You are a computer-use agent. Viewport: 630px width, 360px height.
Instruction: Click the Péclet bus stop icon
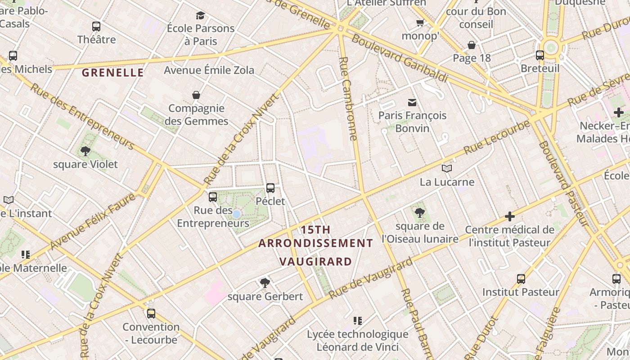coord(270,188)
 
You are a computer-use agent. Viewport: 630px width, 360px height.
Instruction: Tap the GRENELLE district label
coord(113,72)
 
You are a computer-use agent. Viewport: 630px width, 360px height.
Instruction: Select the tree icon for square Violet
coord(85,151)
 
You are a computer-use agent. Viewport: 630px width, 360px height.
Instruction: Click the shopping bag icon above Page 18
coord(472,45)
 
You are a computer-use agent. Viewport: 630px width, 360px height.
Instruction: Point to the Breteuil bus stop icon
coord(540,55)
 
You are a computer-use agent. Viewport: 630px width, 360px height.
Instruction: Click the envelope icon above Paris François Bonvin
coord(412,103)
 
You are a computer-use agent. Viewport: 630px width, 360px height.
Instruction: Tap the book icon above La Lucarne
coord(446,168)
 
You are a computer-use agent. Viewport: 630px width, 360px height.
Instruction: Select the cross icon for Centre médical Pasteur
coord(509,216)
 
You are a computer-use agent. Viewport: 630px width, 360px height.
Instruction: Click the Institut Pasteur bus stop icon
coord(521,279)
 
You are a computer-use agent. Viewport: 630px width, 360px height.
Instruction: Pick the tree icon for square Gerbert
coord(265,283)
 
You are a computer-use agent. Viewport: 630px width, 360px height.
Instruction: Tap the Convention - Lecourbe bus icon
coord(151,313)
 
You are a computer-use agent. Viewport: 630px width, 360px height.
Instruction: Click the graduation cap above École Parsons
coord(200,16)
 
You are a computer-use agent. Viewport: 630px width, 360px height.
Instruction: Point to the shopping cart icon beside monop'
coord(420,22)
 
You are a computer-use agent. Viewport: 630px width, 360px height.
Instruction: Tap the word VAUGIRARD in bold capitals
coord(315,261)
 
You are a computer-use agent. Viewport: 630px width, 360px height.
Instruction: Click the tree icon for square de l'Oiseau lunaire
coord(420,212)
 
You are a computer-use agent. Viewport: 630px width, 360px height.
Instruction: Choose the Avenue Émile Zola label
coord(209,70)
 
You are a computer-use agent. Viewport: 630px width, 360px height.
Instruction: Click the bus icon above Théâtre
coord(96,26)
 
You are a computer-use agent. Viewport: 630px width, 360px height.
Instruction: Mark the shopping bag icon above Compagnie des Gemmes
coord(196,95)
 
